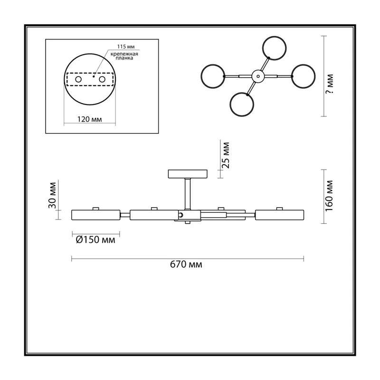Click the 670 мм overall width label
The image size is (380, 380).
pyautogui.click(x=186, y=264)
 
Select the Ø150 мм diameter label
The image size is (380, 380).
pyautogui.click(x=95, y=240)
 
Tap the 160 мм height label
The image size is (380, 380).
pyautogui.click(x=329, y=196)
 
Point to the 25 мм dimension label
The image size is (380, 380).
pyautogui.click(x=225, y=155)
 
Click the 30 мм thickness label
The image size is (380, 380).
pyautogui.click(x=52, y=195)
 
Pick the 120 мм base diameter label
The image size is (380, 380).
pyautogui.click(x=89, y=119)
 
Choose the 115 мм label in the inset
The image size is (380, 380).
pyautogui.click(x=126, y=47)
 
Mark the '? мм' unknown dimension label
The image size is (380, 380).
pyautogui.click(x=329, y=84)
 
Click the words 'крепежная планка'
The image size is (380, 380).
pyautogui.click(x=124, y=56)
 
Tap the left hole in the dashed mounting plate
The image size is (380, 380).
pyautogui.click(x=78, y=79)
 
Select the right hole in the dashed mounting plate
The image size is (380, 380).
pyautogui.click(x=102, y=79)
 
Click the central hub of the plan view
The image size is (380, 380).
pyautogui.click(x=258, y=76)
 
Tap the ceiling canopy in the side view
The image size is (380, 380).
pyautogui.click(x=188, y=174)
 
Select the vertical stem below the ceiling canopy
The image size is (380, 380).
pyautogui.click(x=188, y=194)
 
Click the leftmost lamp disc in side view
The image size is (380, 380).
pyautogui.click(x=96, y=215)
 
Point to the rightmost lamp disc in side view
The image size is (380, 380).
pyautogui.click(x=279, y=215)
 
